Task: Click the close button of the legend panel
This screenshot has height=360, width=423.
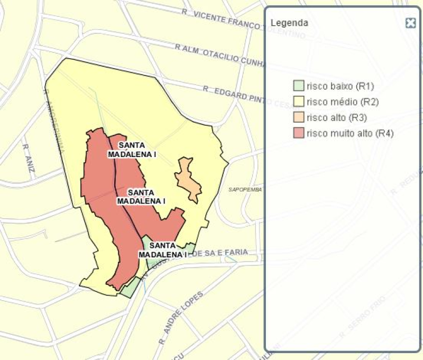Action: pos(410,23)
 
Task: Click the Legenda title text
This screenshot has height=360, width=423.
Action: pos(289,23)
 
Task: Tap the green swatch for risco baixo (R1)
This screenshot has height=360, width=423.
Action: pos(298,86)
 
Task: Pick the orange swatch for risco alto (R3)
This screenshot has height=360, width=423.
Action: pos(298,117)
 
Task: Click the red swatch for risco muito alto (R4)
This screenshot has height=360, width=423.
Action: pos(298,133)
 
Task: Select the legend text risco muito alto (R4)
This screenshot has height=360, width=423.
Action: pos(350,133)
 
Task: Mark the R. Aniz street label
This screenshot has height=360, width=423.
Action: pos(27,153)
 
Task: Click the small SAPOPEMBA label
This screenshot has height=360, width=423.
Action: pos(245,189)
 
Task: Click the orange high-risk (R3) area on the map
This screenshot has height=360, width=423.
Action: pos(189,180)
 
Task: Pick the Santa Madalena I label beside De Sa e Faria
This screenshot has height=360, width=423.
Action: pos(162,250)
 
